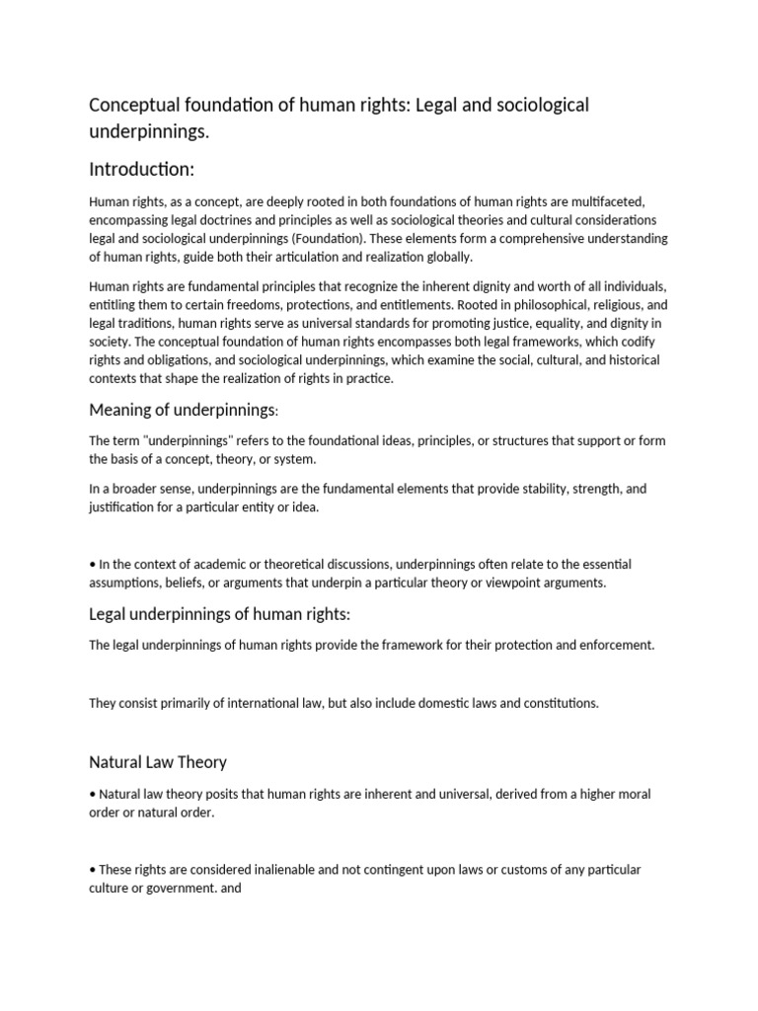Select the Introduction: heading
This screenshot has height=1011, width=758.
(x=149, y=169)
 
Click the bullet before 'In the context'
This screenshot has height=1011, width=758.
(x=92, y=565)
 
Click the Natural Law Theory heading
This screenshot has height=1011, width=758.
(x=158, y=762)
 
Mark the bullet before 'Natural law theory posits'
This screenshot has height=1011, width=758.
(x=92, y=795)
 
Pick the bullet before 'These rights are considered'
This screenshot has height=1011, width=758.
(x=92, y=870)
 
